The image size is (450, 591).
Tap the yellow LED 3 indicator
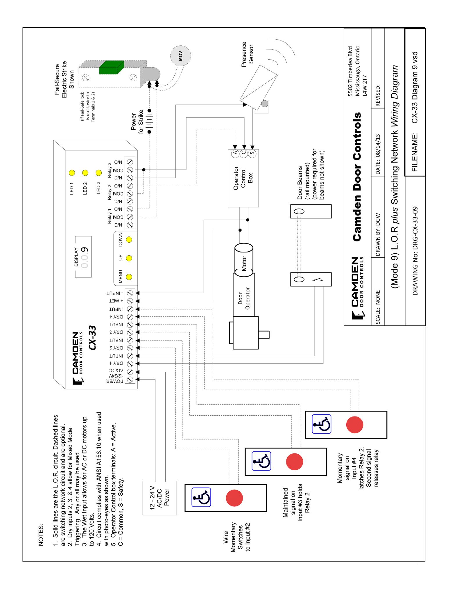pyautogui.click(x=99, y=173)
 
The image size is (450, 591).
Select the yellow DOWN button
pyautogui.click(x=129, y=240)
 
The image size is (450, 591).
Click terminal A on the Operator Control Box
pyautogui.click(x=236, y=152)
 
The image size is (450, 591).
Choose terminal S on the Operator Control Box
pyautogui.click(x=252, y=152)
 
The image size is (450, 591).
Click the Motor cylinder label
pyautogui.click(x=243, y=264)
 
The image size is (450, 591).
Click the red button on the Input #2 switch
pyautogui.click(x=234, y=498)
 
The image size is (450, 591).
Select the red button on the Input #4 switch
pyautogui.click(x=354, y=424)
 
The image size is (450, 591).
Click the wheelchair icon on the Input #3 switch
pyautogui.click(x=261, y=461)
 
